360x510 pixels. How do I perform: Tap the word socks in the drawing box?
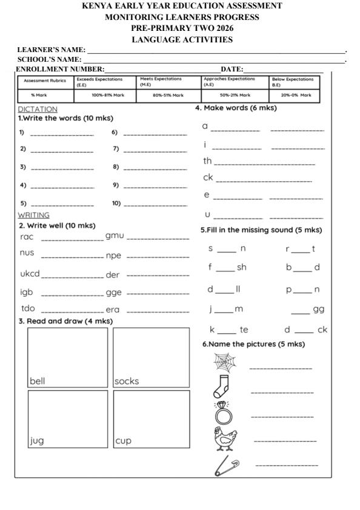(127, 382)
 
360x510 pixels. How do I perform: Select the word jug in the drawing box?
(38, 441)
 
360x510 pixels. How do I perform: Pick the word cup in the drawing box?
(124, 441)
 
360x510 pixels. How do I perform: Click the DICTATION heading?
(38, 109)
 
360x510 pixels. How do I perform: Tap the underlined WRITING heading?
(33, 214)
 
